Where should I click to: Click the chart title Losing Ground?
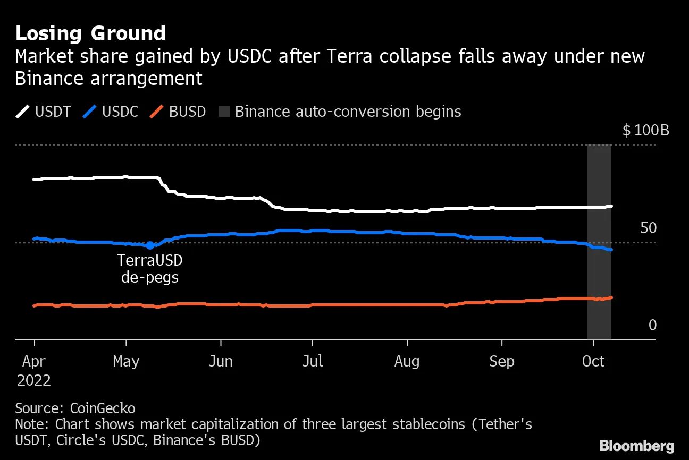(90, 33)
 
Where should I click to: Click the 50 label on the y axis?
(648, 228)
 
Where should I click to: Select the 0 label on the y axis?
(652, 325)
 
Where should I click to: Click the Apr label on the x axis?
(34, 361)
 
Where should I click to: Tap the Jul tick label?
(312, 361)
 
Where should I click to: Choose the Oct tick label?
(593, 361)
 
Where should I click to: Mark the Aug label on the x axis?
(407, 361)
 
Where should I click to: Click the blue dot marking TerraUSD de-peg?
(150, 245)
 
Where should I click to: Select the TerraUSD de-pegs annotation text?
(150, 269)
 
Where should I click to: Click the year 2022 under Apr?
(34, 381)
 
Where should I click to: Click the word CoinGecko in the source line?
(103, 408)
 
